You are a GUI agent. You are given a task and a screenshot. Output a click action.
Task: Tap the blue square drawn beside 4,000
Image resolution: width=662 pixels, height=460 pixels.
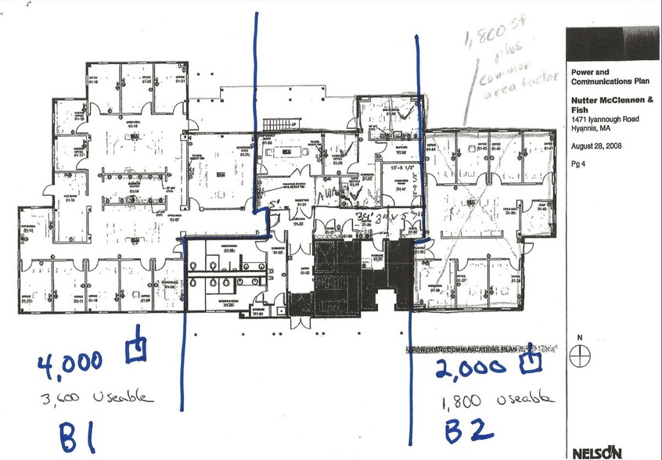pos(138,349)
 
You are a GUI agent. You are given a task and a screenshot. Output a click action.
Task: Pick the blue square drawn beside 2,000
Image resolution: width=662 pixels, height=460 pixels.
pos(532,359)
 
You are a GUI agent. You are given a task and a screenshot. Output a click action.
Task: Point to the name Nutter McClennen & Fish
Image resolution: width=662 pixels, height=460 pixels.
pos(611,105)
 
